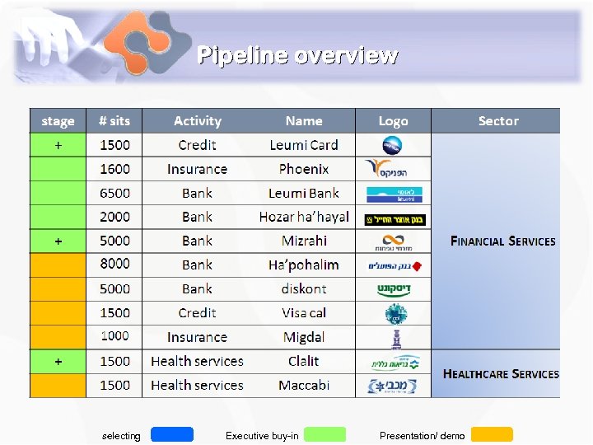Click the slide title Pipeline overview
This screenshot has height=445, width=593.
tap(297, 55)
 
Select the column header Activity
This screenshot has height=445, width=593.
tap(198, 121)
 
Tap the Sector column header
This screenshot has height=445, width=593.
tap(498, 121)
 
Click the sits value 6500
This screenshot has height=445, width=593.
tap(114, 193)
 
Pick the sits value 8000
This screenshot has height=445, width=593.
tap(114, 265)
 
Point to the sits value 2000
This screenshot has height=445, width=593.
tap(114, 217)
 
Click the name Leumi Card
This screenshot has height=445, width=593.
tap(304, 145)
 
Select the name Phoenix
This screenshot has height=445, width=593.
tap(304, 169)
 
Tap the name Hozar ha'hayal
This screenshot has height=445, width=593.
tap(304, 217)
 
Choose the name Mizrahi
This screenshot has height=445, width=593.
tap(304, 241)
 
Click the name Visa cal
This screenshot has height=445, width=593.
tap(304, 312)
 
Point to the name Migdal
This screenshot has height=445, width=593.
tap(304, 337)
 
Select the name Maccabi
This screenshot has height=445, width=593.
tap(304, 385)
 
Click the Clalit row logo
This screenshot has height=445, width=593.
tap(394, 362)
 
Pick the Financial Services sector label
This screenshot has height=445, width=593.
tap(502, 241)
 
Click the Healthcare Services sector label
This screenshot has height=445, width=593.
tap(501, 373)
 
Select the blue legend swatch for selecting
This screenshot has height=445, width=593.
tap(172, 434)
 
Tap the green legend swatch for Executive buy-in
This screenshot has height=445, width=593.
tap(325, 434)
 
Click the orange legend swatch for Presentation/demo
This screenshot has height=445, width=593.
tap(492, 434)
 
